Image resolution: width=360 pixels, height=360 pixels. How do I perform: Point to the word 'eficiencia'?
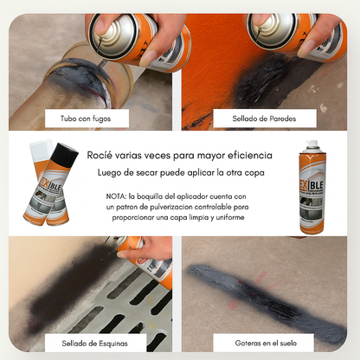tap(243, 156)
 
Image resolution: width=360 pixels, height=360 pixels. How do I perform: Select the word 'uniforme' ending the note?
tap(226, 217)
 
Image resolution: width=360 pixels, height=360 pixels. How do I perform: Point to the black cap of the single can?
tap(312, 146)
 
